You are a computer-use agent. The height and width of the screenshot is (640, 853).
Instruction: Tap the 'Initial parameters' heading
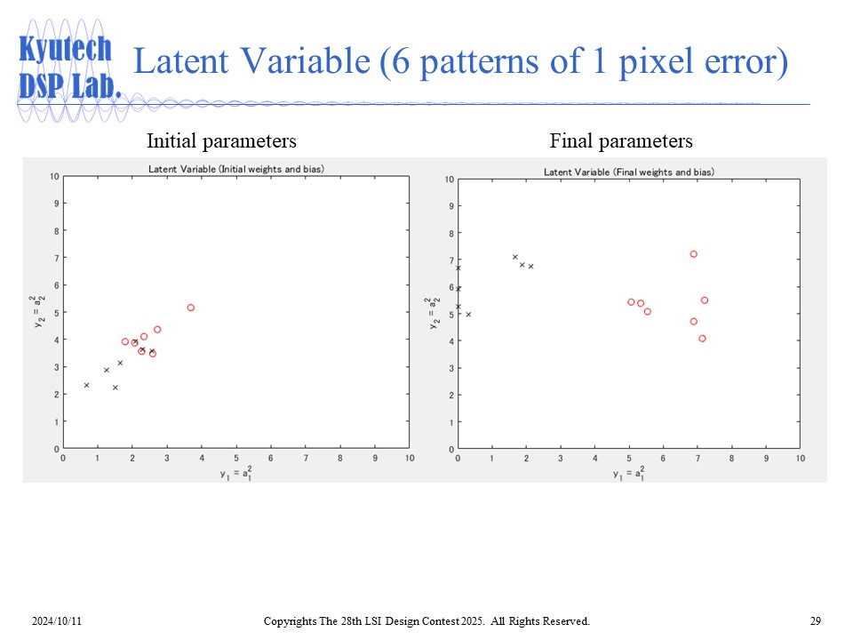click(x=221, y=140)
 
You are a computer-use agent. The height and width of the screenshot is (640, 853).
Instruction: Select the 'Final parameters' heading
click(x=621, y=140)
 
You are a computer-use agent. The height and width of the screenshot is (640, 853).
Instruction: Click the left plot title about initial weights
click(x=236, y=169)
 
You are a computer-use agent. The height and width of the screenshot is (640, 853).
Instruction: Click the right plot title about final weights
click(x=628, y=172)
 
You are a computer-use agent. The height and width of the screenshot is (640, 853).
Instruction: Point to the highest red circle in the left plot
click(x=191, y=308)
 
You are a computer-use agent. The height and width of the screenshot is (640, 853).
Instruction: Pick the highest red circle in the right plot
click(x=694, y=254)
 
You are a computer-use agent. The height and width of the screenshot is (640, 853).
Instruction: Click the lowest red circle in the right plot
click(x=702, y=339)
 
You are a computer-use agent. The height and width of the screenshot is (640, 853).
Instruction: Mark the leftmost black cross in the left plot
click(x=86, y=385)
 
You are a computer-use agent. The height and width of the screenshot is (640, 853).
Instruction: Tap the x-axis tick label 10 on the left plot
click(x=410, y=459)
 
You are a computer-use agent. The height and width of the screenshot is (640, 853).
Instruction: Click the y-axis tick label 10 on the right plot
click(x=449, y=180)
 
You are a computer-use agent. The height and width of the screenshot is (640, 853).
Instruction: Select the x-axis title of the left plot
click(x=236, y=474)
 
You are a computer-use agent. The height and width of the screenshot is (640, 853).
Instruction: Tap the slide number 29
click(x=815, y=620)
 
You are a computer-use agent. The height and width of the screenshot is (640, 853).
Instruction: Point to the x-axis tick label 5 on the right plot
click(x=629, y=459)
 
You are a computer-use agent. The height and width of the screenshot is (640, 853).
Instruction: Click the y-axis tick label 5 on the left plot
click(x=55, y=313)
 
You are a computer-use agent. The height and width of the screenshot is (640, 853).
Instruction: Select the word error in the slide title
click(x=745, y=63)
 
